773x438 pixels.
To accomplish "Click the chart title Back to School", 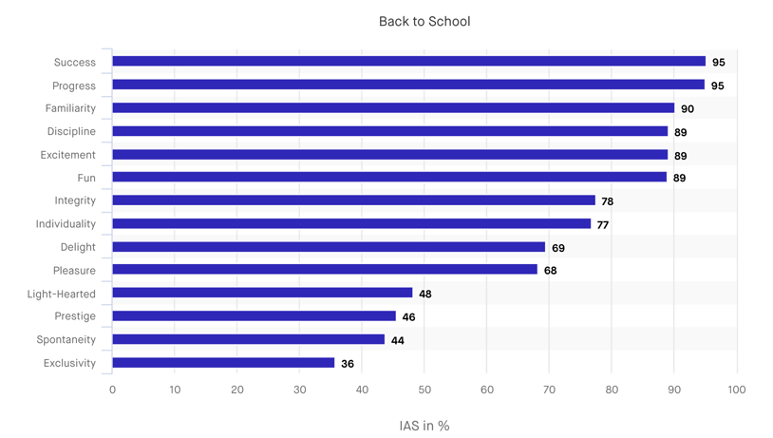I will click(424, 21).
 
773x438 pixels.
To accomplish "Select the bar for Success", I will click(408, 62).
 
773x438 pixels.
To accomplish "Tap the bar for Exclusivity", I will click(223, 363).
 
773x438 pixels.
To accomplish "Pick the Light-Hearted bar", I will click(262, 294).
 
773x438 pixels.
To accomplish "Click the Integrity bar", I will click(353, 200).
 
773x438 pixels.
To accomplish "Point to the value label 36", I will click(348, 364).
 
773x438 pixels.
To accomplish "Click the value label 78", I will click(608, 201).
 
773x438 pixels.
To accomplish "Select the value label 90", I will click(687, 109).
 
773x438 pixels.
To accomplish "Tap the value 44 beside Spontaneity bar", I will click(397, 340).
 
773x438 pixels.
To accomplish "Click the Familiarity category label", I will click(70, 108).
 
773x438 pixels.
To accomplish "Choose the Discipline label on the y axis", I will click(71, 131).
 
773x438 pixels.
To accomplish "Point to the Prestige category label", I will click(75, 316).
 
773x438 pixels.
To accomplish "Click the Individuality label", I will click(66, 224).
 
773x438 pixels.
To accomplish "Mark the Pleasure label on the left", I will click(74, 271).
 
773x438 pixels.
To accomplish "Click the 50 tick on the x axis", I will click(424, 390).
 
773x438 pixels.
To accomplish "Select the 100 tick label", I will click(736, 390).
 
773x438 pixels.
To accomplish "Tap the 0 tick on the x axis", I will click(112, 390).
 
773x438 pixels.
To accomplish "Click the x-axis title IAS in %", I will click(424, 426).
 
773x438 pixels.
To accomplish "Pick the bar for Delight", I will click(329, 247).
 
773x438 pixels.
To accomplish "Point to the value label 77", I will click(603, 225).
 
